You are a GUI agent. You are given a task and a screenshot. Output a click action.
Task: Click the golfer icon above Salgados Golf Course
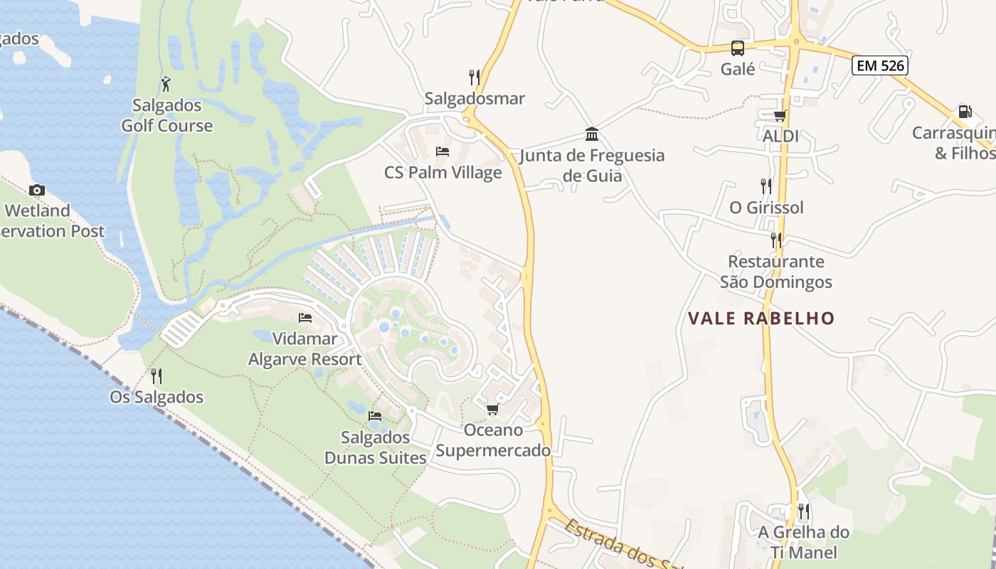(166, 84)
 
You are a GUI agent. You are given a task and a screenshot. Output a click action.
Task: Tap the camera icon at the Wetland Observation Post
(37, 190)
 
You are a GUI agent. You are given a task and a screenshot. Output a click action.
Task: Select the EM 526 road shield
(880, 65)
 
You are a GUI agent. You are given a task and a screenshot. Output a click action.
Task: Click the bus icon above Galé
(738, 48)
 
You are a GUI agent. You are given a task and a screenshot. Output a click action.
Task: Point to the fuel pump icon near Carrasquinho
(965, 112)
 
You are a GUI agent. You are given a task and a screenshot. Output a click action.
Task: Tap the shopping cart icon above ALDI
(780, 115)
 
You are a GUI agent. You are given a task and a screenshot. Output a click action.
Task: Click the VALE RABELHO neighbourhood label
(761, 318)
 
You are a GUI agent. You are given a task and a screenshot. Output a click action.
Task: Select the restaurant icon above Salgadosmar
(475, 77)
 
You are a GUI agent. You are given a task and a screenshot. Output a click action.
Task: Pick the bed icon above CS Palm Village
(443, 151)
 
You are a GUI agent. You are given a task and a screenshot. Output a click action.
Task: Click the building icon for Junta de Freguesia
(591, 134)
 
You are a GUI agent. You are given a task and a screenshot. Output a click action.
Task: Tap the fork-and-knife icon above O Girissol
(766, 186)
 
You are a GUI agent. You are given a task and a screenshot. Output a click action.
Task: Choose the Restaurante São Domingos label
(775, 272)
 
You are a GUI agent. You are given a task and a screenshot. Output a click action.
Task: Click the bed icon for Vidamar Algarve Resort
(305, 318)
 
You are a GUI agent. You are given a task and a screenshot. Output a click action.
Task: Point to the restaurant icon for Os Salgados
(157, 376)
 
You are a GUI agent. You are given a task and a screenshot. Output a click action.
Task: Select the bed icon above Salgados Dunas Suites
(375, 415)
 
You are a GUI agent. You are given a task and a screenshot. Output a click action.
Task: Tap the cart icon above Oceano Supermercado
(492, 410)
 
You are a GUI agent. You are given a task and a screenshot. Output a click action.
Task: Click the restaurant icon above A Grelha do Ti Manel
(804, 511)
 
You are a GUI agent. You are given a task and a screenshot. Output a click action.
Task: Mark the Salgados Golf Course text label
(166, 115)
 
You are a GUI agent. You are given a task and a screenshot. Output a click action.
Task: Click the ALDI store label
(780, 136)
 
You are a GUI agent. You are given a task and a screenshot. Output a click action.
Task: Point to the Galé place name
(738, 69)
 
